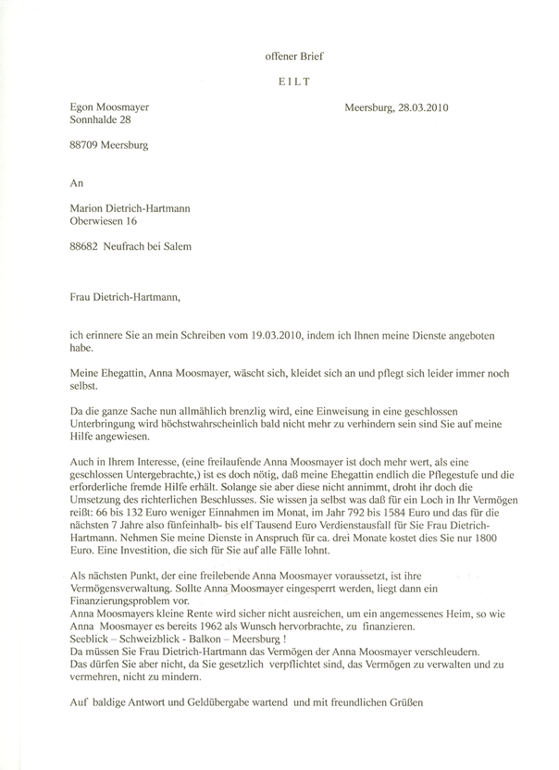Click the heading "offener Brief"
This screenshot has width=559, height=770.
pyautogui.click(x=294, y=56)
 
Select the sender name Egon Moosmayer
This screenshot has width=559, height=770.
pyautogui.click(x=109, y=107)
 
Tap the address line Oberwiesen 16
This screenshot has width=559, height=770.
pyautogui.click(x=109, y=222)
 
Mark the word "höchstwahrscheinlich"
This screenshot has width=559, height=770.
pyautogui.click(x=192, y=421)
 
